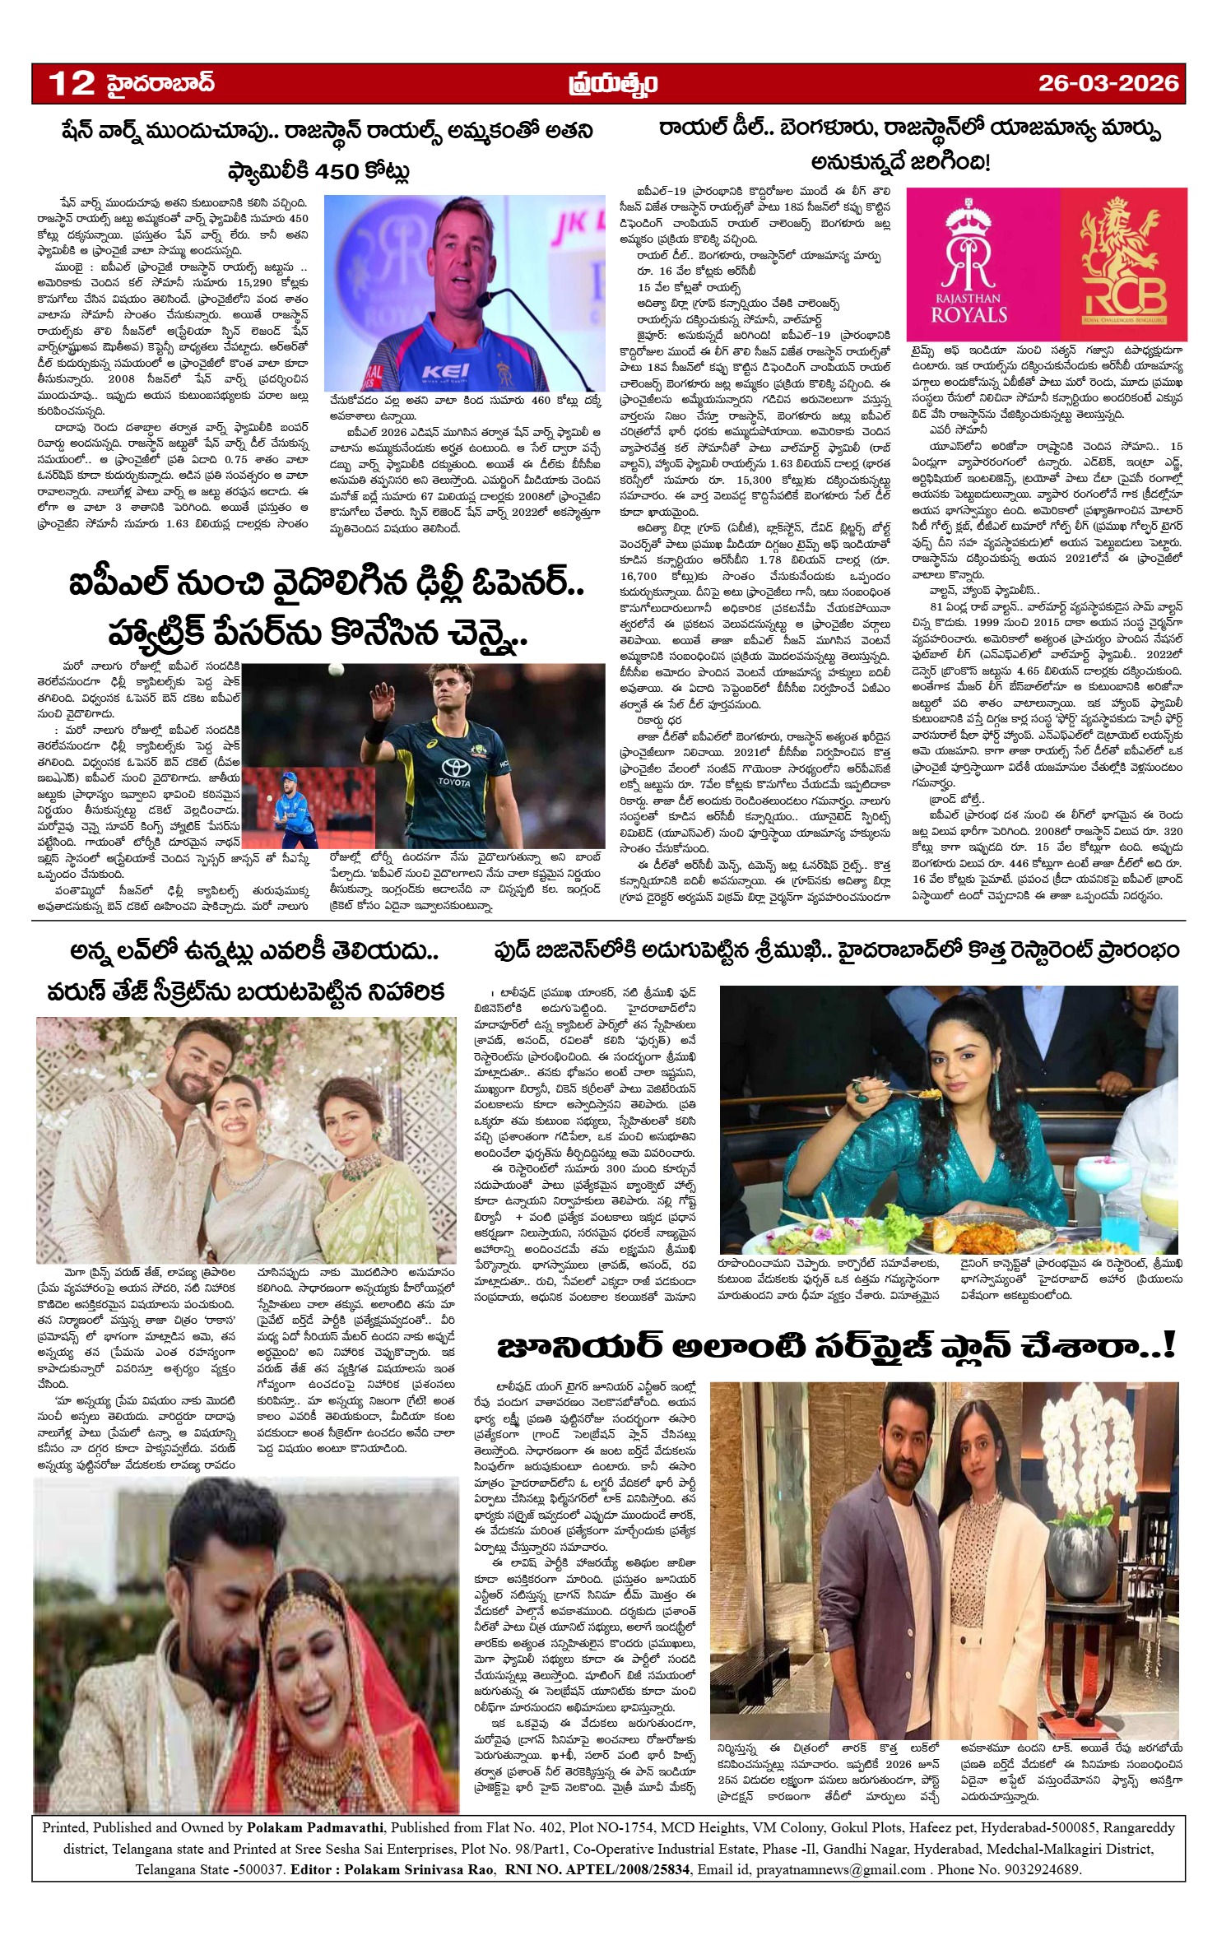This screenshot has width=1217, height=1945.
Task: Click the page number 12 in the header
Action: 72,83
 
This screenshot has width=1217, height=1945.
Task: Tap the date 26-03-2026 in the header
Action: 1108,83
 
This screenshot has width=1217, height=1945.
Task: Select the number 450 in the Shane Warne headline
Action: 337,171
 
